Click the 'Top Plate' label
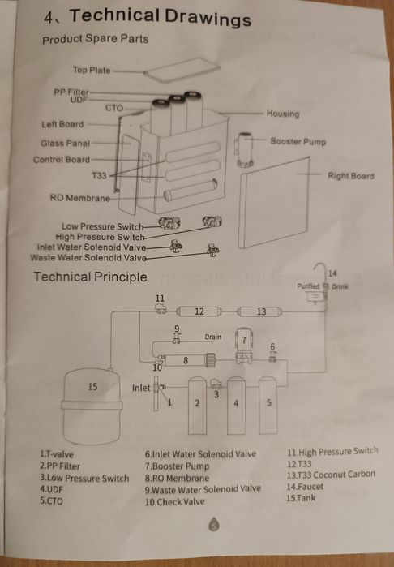[92, 70]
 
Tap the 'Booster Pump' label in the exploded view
[298, 141]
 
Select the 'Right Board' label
[350, 176]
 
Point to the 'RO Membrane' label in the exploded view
[80, 198]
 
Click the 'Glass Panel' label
[66, 144]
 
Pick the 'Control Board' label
[62, 160]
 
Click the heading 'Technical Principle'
[90, 277]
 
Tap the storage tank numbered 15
[92, 406]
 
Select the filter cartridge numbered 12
[199, 311]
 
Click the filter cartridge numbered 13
[259, 311]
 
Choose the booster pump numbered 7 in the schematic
[244, 346]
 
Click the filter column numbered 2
[197, 406]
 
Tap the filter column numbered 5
[268, 405]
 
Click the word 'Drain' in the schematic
[213, 337]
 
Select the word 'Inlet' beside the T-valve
[141, 388]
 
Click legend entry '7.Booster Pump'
[177, 466]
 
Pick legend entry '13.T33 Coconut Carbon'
[331, 475]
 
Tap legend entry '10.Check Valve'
[175, 502]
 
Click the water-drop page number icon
[214, 524]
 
